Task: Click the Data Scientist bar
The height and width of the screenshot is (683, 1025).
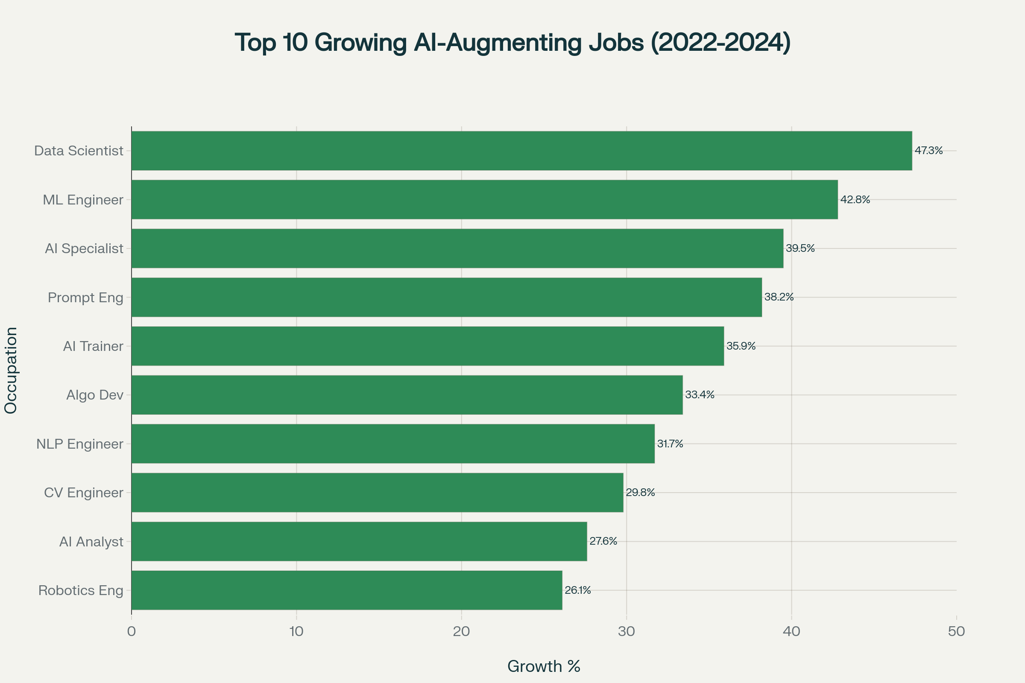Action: pos(521,151)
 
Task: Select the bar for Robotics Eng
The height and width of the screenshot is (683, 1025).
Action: pos(346,590)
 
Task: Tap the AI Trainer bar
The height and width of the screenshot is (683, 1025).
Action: pos(428,346)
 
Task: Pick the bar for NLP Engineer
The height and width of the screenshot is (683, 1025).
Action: pos(392,444)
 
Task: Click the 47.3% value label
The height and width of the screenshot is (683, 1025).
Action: pos(928,151)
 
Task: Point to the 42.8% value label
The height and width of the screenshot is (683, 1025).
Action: pos(855,199)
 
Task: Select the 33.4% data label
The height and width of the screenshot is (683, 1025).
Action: pos(700,394)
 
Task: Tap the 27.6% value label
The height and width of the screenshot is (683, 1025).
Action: pos(603,541)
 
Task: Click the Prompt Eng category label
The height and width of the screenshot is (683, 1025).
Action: pos(85,298)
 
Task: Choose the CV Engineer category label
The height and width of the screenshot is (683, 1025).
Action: pos(84,493)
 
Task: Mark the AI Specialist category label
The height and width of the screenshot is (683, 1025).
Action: pos(84,248)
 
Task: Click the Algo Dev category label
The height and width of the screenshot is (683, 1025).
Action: pos(94,395)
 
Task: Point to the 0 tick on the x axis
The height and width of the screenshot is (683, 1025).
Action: pos(131,631)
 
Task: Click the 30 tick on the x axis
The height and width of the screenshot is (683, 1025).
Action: pos(626,631)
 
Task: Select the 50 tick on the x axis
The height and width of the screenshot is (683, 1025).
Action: pos(956,631)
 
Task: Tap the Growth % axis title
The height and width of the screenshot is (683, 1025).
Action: pos(543,666)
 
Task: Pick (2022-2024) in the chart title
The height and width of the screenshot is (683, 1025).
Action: pos(720,43)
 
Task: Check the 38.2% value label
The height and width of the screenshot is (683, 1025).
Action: pos(779,297)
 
